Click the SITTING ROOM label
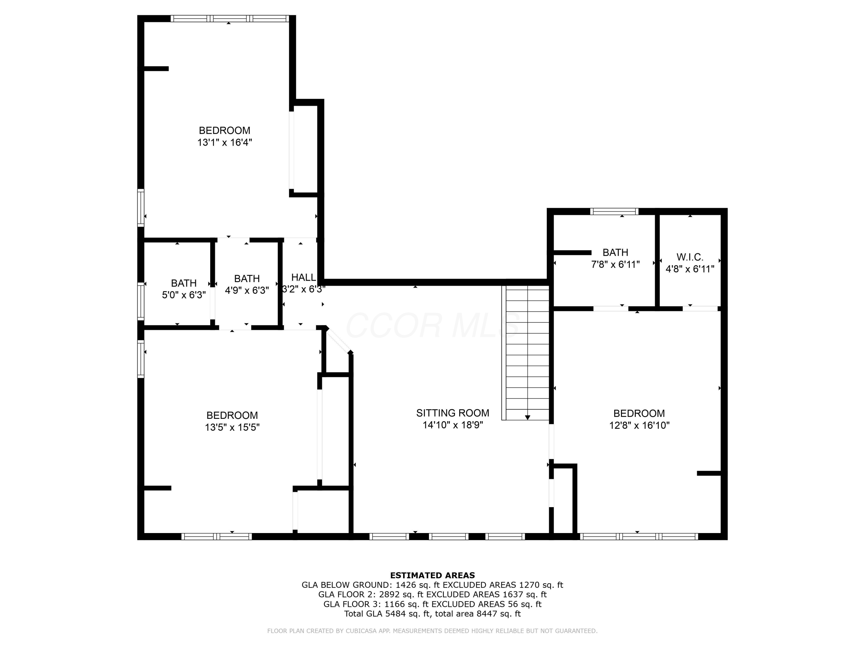(452, 413)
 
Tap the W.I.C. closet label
(690, 257)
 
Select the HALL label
(303, 277)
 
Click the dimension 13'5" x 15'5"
(232, 427)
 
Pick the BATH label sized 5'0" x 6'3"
(184, 283)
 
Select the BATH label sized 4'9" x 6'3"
(247, 279)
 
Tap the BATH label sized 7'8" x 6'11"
(615, 252)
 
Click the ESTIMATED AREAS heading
(432, 575)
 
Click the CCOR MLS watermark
(432, 325)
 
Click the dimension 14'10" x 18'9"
(452, 425)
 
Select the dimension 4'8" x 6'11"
(690, 269)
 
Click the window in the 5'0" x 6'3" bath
(141, 301)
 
